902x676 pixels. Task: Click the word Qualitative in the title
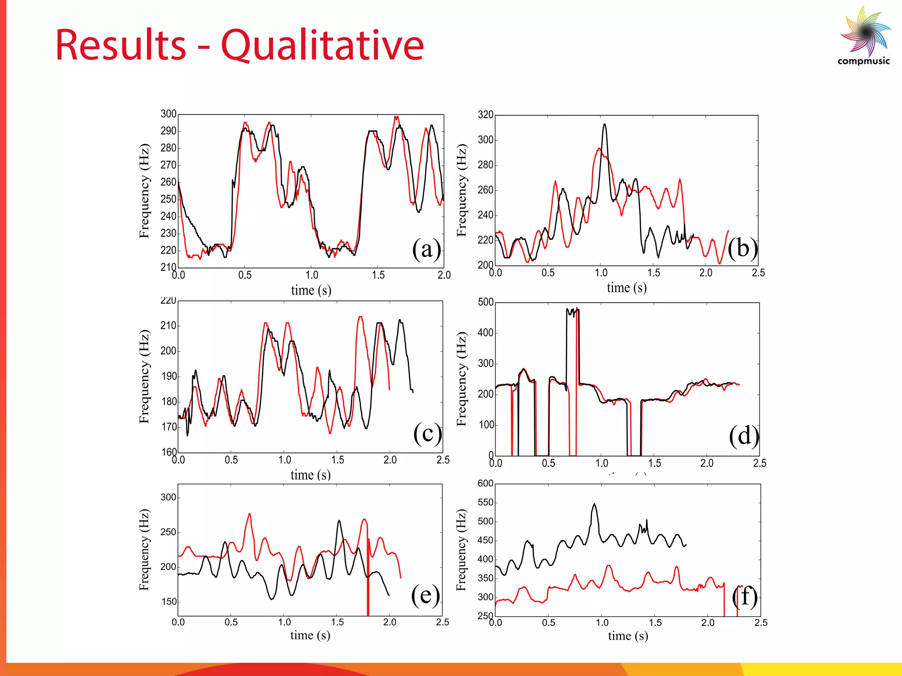point(322,45)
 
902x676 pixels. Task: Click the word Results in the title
point(121,45)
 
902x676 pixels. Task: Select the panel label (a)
point(426,249)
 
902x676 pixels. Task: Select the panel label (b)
point(743,248)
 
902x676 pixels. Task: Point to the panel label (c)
point(427,434)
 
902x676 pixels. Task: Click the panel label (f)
point(745,597)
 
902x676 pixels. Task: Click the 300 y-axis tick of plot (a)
point(168,114)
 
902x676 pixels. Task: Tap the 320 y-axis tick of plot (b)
point(485,115)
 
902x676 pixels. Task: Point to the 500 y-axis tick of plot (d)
point(485,302)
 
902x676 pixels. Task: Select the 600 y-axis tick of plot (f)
point(485,483)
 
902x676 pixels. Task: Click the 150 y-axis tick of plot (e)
point(168,602)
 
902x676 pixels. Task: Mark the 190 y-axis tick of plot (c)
point(169,376)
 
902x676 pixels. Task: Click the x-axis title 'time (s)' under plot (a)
point(311,290)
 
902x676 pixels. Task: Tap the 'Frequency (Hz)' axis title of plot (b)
point(461,190)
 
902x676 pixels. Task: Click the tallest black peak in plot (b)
point(605,125)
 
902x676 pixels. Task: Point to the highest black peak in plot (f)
point(595,504)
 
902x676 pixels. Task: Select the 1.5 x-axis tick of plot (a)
point(378,275)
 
